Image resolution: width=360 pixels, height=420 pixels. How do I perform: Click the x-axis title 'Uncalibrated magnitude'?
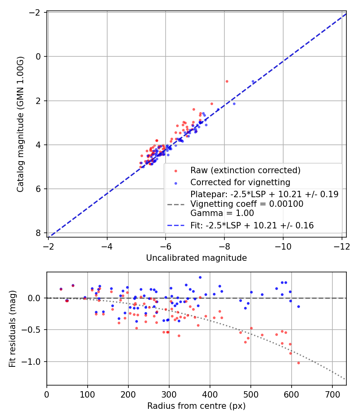196,258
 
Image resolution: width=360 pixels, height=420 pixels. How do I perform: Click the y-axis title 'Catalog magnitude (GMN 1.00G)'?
20,124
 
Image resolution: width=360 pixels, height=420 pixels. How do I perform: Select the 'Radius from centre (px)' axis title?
196,406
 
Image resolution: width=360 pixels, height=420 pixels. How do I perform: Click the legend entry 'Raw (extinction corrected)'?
245,170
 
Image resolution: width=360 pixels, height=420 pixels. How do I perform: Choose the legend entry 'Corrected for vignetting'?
240,182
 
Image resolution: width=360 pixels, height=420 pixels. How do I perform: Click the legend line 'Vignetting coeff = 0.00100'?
247,204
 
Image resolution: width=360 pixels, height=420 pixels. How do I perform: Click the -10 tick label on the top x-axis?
283,246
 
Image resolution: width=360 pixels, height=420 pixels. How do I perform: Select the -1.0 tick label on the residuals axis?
34,362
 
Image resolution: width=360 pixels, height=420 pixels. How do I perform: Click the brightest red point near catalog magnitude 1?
227,81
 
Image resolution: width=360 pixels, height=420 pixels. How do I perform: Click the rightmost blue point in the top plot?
253,81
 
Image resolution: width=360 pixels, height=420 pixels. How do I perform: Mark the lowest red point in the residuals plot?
298,363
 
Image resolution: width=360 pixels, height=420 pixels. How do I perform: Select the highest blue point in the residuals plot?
200,277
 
